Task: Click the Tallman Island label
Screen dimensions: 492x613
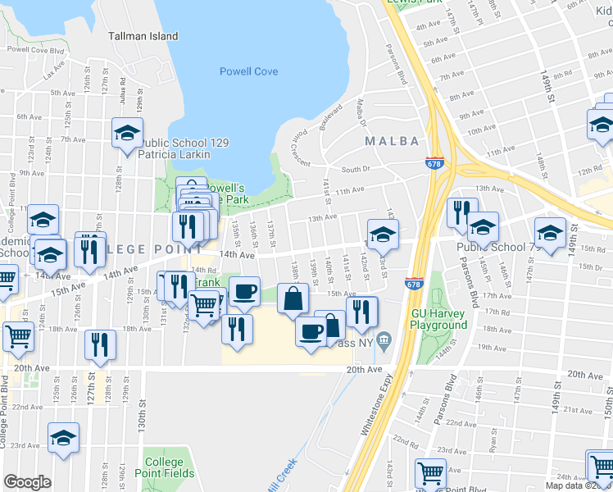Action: [x=143, y=36]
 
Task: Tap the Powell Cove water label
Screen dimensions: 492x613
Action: [x=248, y=71]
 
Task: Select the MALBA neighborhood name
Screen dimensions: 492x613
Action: [x=392, y=140]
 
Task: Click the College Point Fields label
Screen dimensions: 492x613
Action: [x=170, y=467]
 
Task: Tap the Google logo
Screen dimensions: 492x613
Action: [x=27, y=482]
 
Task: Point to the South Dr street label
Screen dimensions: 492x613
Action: [x=356, y=170]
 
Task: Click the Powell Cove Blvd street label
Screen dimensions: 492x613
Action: [x=34, y=50]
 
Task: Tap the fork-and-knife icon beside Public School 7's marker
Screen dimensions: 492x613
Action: [x=461, y=212]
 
